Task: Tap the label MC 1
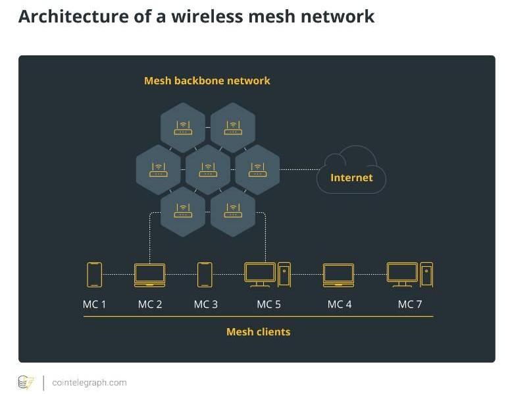click(x=94, y=304)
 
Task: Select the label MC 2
click(x=150, y=304)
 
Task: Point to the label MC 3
click(x=205, y=304)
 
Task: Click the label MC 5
click(x=268, y=304)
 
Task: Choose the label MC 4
click(x=340, y=304)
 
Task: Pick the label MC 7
click(x=410, y=304)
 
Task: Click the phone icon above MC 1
click(x=94, y=274)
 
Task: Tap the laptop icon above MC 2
click(x=149, y=275)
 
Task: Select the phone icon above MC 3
click(x=205, y=274)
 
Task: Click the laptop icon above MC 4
click(x=338, y=275)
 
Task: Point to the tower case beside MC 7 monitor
click(x=426, y=274)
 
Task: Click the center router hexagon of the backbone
click(x=208, y=169)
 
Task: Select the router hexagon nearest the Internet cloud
click(x=257, y=169)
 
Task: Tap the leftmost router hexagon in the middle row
click(x=158, y=169)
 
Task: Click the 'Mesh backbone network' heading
click(x=207, y=81)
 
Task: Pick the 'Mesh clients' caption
click(x=258, y=332)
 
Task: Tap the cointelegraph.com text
click(x=89, y=383)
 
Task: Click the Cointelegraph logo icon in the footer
click(x=26, y=383)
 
